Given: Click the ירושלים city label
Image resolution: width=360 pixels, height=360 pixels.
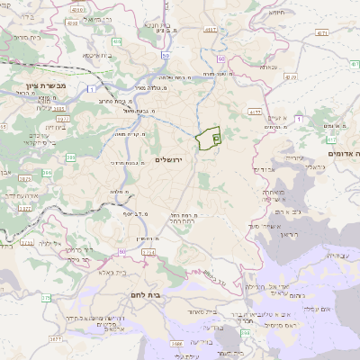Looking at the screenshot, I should point(168,159).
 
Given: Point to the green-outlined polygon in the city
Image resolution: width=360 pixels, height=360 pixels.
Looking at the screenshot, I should point(208,139).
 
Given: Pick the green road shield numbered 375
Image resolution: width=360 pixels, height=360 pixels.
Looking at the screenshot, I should point(46,297).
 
